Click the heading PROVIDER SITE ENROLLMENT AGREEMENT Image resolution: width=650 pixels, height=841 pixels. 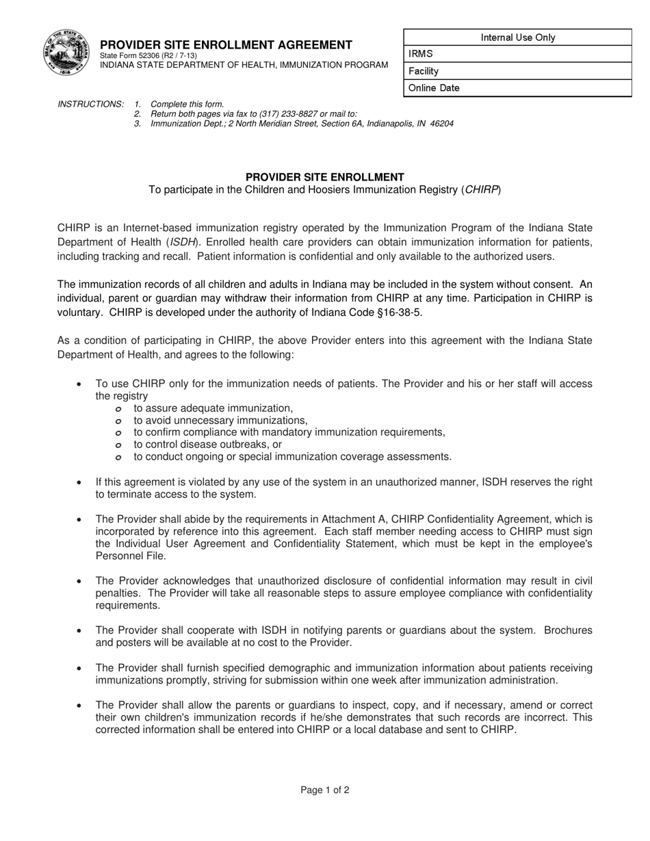[226, 45]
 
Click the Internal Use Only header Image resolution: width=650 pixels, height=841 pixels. [518, 38]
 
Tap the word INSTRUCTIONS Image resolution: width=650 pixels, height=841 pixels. [91, 104]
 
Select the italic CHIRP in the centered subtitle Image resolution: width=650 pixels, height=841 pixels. [481, 189]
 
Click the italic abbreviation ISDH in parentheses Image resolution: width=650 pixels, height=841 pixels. [182, 242]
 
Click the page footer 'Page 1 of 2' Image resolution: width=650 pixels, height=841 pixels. [325, 790]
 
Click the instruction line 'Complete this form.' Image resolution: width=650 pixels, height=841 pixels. [187, 104]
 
